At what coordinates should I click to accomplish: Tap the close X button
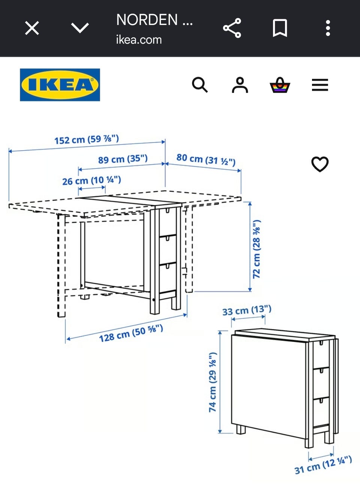32,28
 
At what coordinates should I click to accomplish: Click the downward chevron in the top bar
80,28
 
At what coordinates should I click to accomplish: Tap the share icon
232,28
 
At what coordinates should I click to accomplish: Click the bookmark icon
280,28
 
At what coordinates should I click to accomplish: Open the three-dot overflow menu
328,28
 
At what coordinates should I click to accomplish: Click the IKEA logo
60,85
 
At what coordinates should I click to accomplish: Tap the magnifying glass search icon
200,85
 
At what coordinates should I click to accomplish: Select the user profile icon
240,85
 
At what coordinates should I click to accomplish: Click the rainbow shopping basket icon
280,85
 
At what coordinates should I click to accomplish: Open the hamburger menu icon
320,85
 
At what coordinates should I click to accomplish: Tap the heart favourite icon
320,164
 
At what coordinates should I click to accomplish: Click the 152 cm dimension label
87,139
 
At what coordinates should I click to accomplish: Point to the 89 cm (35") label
123,159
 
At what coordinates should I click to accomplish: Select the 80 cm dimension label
206,159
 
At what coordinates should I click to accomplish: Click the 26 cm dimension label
92,180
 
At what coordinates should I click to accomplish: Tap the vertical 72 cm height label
256,249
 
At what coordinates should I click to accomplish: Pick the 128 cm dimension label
131,333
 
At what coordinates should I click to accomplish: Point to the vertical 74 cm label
213,382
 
